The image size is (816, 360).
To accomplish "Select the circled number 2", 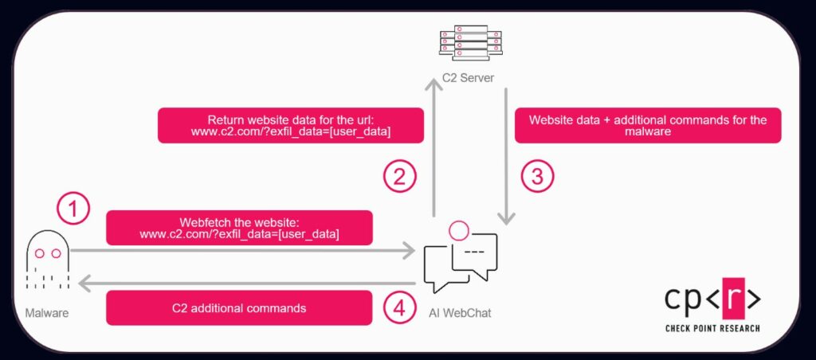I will coord(400,177).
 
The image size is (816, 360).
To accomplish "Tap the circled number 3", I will coord(537,177).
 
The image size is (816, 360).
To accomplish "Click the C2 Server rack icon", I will coord(468,46).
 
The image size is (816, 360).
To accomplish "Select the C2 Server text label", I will coord(468,80).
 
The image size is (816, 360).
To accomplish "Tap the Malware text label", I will coord(46,313).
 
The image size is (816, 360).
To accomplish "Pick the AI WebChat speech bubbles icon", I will coord(460,259).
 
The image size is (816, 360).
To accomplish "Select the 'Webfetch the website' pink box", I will coord(239,228).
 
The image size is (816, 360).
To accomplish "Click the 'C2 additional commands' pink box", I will coord(239,307).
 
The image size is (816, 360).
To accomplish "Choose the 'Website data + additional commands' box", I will coord(647,126).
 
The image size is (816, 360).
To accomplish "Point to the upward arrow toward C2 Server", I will coord(433,151).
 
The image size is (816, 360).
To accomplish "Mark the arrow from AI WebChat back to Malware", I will coord(239,283).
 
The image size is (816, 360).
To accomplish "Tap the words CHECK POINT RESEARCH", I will coord(712,328).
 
